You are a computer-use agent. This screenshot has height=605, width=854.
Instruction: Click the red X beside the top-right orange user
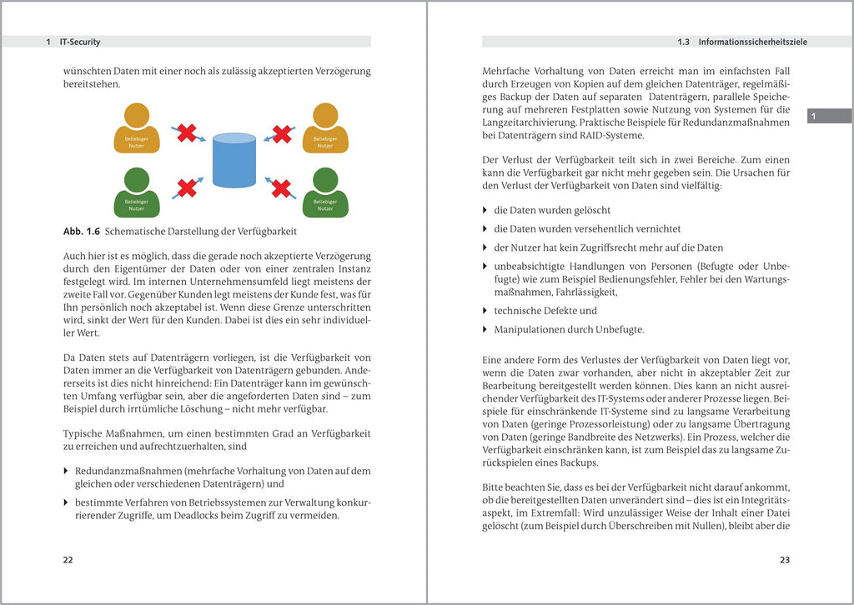(x=283, y=133)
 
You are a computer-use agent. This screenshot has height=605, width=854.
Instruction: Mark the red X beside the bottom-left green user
(x=187, y=187)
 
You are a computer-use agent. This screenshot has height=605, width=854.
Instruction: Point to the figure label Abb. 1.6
(x=82, y=231)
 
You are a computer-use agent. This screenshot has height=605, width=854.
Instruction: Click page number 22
(x=68, y=560)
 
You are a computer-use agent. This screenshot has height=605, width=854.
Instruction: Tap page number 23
(x=784, y=560)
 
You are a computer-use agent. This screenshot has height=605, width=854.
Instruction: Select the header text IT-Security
(x=80, y=42)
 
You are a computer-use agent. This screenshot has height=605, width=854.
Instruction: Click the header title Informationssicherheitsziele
(x=752, y=42)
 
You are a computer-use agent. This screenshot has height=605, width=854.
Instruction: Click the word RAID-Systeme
(x=615, y=136)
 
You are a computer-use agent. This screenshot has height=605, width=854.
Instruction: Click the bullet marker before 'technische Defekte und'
(x=486, y=311)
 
